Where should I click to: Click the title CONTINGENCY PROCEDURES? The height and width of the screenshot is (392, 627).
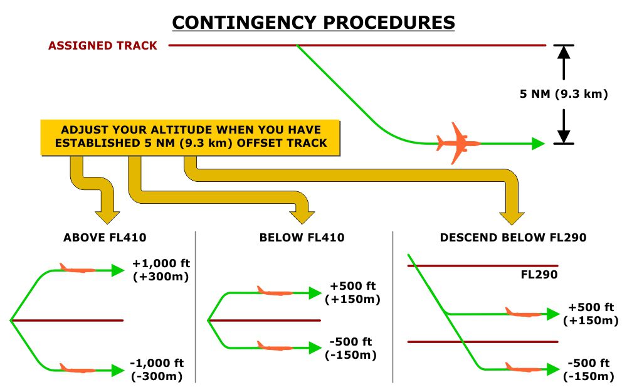click(x=313, y=23)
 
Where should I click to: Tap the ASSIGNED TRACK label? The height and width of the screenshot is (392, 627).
click(x=103, y=46)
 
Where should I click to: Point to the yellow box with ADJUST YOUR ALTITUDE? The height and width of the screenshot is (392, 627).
click(x=191, y=136)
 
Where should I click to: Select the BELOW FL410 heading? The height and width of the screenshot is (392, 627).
click(x=302, y=238)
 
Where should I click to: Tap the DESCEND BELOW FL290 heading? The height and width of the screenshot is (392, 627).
click(x=513, y=238)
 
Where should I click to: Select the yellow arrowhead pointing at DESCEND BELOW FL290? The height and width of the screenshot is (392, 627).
click(x=512, y=216)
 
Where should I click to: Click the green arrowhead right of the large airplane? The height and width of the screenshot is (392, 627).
click(x=537, y=144)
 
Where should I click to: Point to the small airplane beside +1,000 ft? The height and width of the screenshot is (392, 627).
click(x=76, y=269)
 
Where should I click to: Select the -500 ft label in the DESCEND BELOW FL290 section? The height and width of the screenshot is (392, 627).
click(x=589, y=370)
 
